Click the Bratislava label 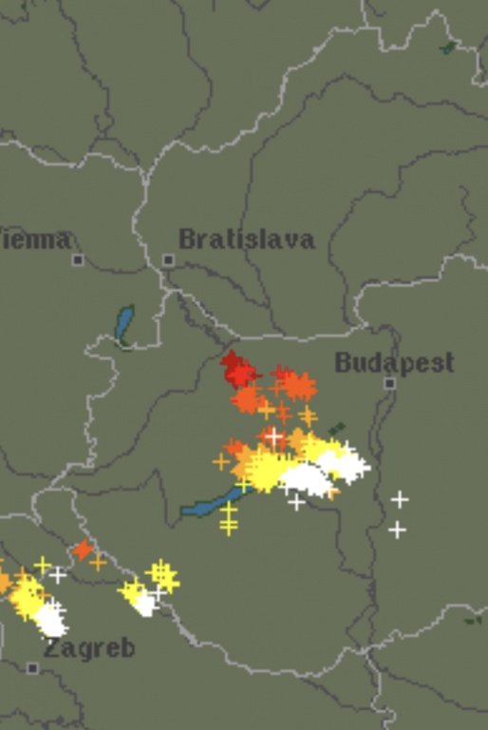tap(246, 239)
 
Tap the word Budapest tap(394, 362)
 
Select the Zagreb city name tap(89, 649)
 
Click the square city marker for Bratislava tap(168, 259)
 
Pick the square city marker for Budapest tap(389, 383)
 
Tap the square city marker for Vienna tap(78, 259)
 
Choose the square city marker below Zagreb tap(33, 668)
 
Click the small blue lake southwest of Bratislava tap(123, 324)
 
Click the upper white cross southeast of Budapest tap(400, 499)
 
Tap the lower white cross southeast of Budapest tap(397, 529)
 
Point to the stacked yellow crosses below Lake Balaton tap(228, 519)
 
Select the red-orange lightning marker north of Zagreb tap(83, 549)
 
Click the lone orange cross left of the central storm tap(221, 462)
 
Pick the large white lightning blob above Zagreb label tap(49, 620)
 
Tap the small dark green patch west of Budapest tap(337, 430)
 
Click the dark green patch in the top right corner tap(447, 47)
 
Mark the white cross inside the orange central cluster tap(274, 437)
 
